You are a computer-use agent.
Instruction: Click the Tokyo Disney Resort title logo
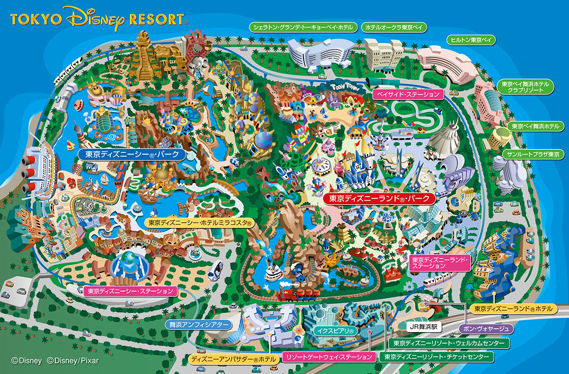(x=99, y=19)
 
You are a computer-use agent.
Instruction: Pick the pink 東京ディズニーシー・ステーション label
(x=129, y=291)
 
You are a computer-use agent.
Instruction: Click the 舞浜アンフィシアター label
(x=198, y=325)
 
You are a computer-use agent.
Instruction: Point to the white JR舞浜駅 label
(x=422, y=326)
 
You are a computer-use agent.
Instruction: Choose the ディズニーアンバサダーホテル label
(x=233, y=359)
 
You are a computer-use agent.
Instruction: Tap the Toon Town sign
(x=343, y=85)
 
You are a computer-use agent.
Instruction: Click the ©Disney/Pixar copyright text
(x=70, y=360)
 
